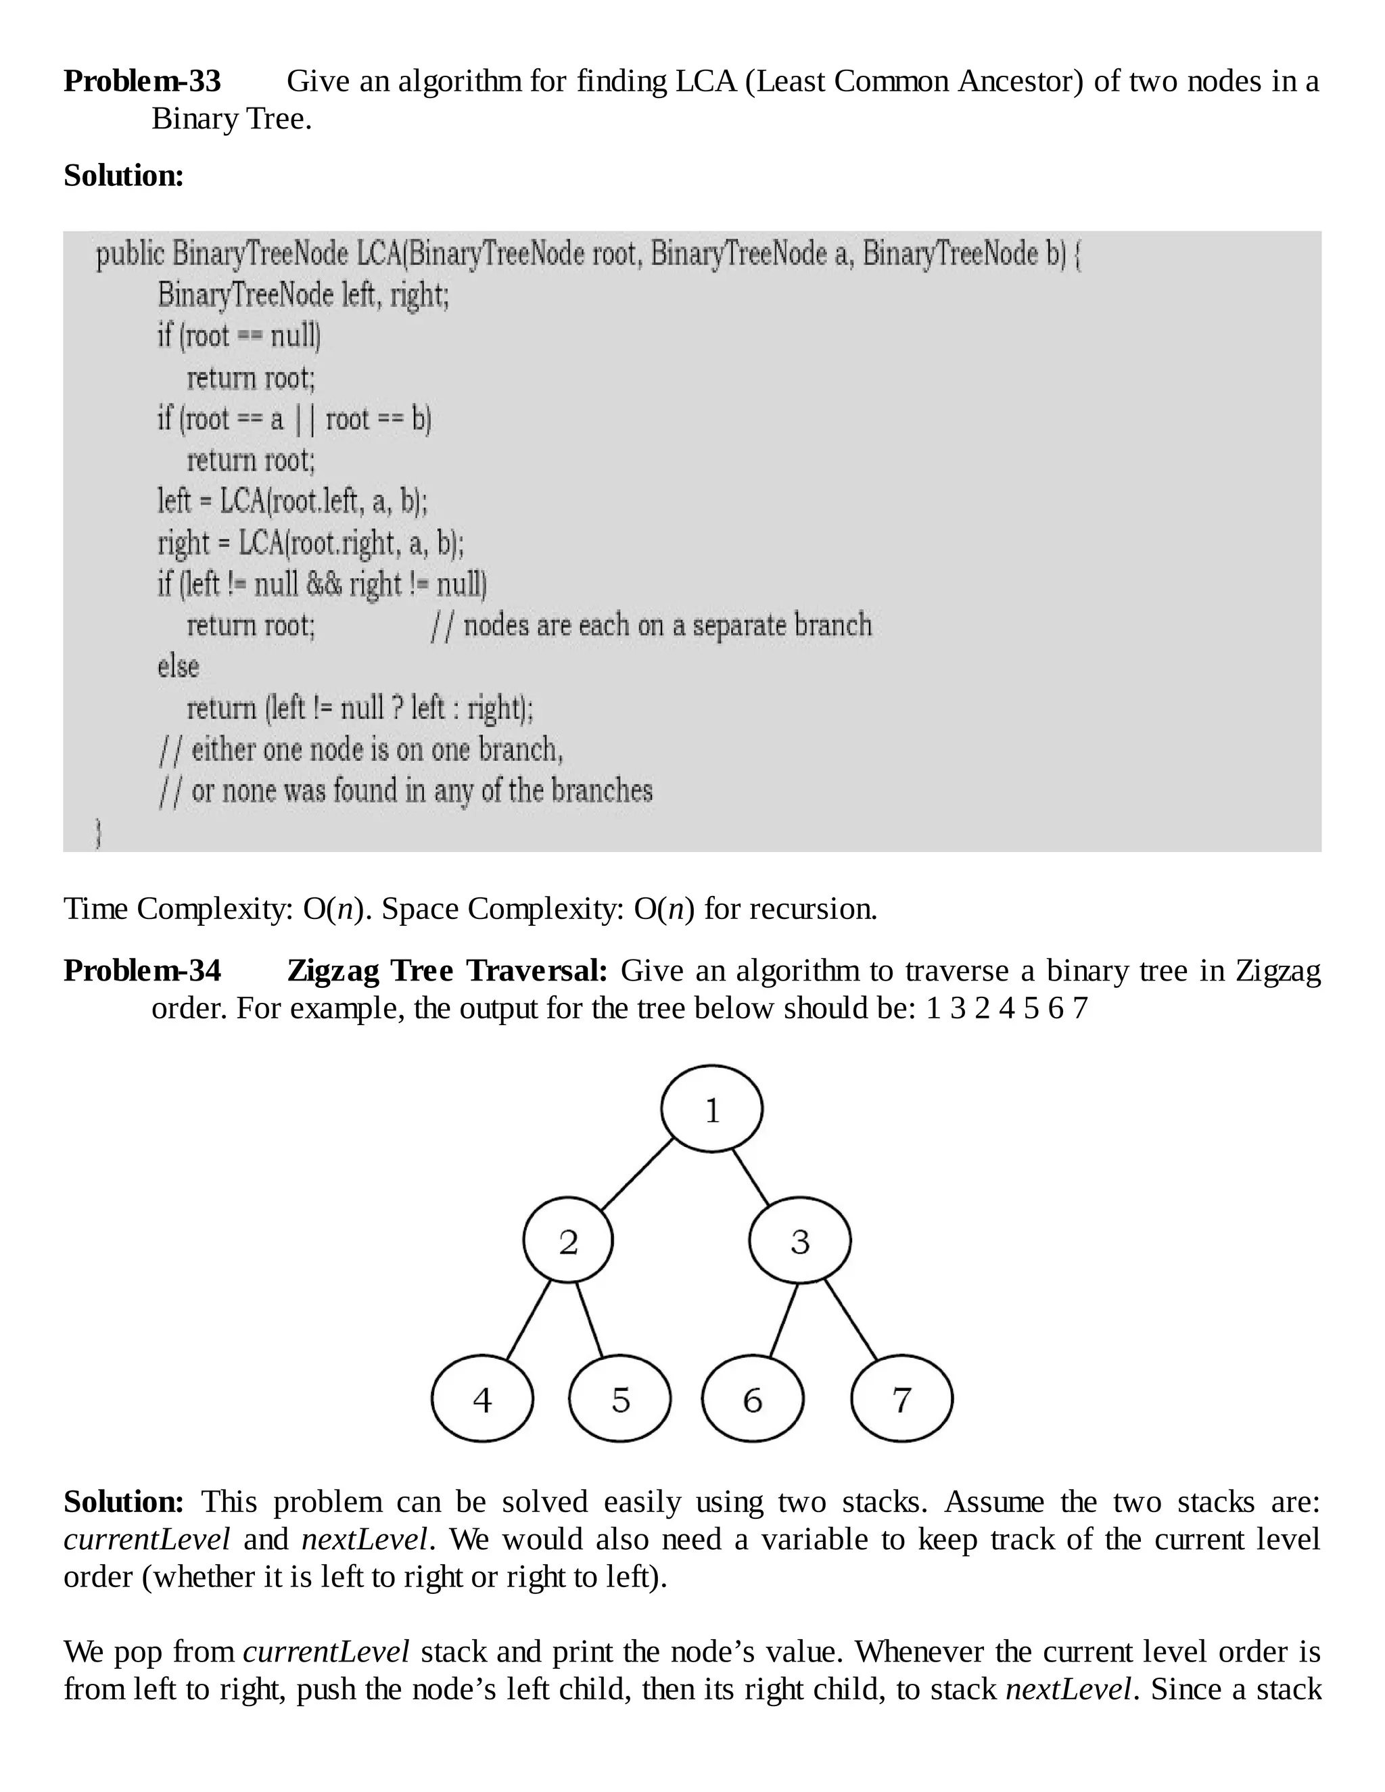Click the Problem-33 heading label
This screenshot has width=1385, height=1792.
(142, 81)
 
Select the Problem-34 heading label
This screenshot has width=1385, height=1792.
(142, 970)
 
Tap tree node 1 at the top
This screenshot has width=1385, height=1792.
(711, 1109)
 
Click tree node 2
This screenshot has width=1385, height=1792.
(568, 1242)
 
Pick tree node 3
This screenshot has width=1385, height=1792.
(799, 1242)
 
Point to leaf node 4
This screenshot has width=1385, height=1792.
(482, 1400)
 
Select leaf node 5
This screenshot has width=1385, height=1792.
(620, 1400)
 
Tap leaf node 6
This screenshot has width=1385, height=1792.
(753, 1400)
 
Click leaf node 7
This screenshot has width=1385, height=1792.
(901, 1400)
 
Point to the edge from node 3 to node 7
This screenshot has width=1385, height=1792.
(851, 1319)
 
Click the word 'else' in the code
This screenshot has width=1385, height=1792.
(178, 666)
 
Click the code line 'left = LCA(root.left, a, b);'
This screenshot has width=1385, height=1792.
(292, 500)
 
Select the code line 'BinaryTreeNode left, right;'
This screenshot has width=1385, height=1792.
(303, 293)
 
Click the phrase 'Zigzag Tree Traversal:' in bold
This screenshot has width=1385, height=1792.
(447, 970)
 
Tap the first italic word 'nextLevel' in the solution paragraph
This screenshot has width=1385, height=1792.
(365, 1539)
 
